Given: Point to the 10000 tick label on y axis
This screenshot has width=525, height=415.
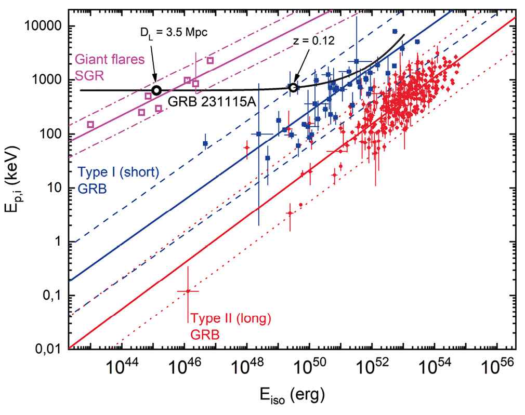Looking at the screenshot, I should click(44, 26).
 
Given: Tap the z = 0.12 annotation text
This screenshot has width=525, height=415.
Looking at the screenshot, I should click(311, 41).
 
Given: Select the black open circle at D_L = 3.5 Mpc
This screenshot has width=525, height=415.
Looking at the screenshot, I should click(156, 90).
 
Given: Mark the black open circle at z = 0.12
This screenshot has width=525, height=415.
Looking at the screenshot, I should click(293, 87).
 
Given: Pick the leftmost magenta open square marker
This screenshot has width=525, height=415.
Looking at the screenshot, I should click(90, 124).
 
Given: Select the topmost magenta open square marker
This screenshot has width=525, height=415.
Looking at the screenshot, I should click(210, 61).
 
